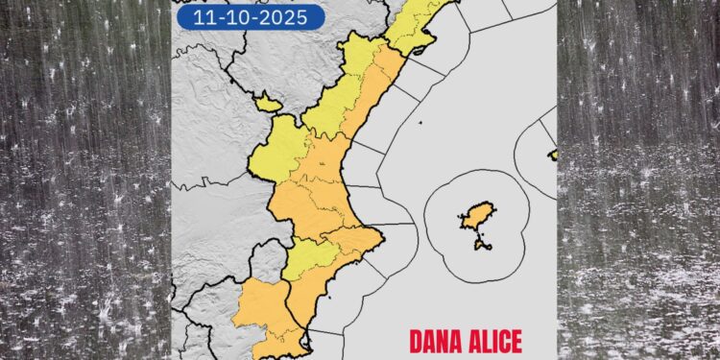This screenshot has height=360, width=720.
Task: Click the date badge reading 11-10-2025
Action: [x=251, y=16]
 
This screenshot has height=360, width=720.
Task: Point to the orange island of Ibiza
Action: [x=477, y=216]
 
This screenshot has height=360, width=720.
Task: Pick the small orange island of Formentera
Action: [x=482, y=244]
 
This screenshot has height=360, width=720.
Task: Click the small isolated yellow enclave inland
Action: [x=267, y=102]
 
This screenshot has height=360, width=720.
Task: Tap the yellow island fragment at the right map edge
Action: [x=553, y=155]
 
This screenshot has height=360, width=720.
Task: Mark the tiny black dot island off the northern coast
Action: [x=420, y=123]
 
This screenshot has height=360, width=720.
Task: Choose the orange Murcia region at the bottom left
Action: [x=258, y=307]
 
